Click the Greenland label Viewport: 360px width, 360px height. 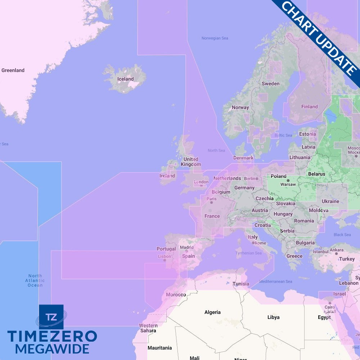(x=13, y=70)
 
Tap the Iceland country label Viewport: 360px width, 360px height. (x=125, y=79)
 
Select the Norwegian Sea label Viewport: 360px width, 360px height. (x=215, y=38)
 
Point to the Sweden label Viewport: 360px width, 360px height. (x=270, y=84)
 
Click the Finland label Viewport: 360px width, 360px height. (x=310, y=107)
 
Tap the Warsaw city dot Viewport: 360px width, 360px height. (x=288, y=180)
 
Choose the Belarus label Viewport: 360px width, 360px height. (x=316, y=174)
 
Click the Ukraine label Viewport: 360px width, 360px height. (x=330, y=201)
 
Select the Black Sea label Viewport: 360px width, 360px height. (x=342, y=235)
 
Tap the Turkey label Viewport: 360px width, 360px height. (x=347, y=259)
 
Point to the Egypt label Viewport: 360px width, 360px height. (x=324, y=318)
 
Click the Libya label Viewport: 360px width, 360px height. (x=273, y=317)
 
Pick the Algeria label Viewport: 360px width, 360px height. (x=212, y=312)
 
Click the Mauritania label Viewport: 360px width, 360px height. (x=159, y=348)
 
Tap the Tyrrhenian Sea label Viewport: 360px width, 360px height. (x=248, y=253)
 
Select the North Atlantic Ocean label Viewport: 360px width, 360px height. (x=35, y=280)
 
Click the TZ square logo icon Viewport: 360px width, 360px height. (x=51, y=317)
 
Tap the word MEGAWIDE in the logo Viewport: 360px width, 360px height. (x=52, y=349)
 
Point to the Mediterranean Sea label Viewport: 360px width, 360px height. (x=275, y=282)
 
